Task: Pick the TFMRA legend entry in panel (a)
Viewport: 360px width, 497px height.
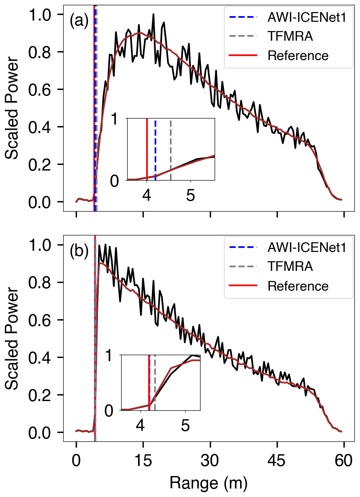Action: click(x=290, y=37)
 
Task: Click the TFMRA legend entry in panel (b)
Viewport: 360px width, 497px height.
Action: click(x=290, y=267)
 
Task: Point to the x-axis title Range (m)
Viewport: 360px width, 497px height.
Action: click(x=208, y=482)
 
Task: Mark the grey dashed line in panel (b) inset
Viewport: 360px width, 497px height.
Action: click(x=155, y=383)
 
